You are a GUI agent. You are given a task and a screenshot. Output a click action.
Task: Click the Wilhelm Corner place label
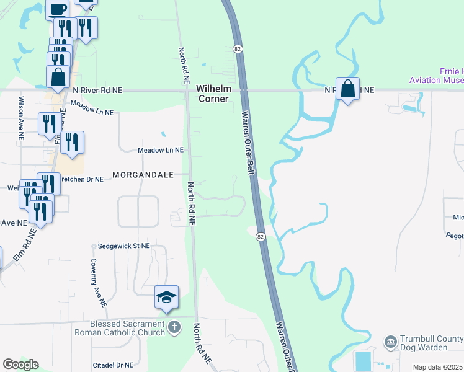click(213, 94)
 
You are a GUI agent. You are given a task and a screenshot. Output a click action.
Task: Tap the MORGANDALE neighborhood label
click(143, 175)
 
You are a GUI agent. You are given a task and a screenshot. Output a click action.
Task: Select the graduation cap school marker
click(166, 298)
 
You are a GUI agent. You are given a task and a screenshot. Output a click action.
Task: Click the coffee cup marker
click(57, 9)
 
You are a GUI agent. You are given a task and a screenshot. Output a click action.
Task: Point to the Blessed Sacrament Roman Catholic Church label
click(127, 327)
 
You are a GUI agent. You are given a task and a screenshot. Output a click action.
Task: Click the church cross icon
click(175, 327)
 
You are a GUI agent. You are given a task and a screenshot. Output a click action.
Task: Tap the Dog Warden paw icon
click(391, 341)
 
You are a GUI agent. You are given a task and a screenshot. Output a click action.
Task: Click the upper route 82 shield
click(238, 48)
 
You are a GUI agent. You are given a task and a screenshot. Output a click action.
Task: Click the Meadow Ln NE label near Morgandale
click(161, 150)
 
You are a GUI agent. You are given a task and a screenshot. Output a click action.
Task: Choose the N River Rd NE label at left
click(97, 91)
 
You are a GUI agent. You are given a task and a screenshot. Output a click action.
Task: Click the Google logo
click(20, 365)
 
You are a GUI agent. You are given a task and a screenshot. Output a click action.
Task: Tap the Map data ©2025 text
click(438, 367)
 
